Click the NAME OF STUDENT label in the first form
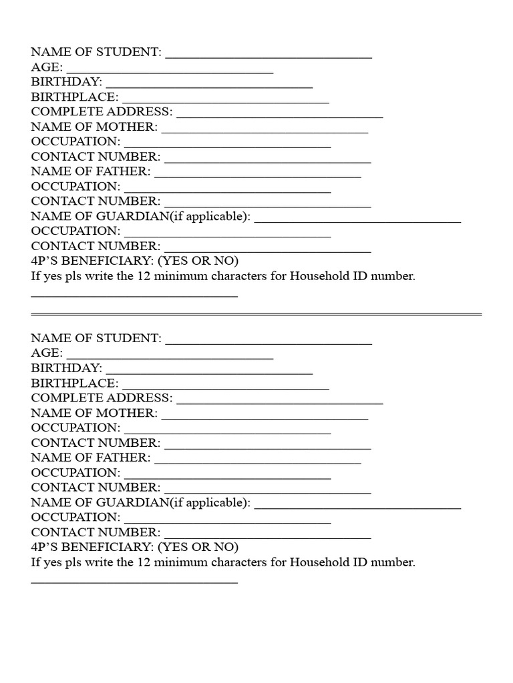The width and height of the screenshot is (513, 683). click(96, 52)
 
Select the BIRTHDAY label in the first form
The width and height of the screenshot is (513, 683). click(66, 81)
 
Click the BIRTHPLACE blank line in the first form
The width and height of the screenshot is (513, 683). click(226, 102)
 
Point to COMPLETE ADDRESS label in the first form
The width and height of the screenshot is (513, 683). click(102, 111)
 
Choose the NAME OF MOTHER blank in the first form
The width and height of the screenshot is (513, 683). click(265, 131)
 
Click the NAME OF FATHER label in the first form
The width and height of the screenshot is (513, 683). click(91, 171)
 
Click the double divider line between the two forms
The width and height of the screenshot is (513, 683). click(256, 313)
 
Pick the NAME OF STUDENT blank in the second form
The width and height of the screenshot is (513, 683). click(269, 344)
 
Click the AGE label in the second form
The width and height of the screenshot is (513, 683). click(47, 353)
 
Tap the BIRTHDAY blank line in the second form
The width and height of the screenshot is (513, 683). click(209, 373)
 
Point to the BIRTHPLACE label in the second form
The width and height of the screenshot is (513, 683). click(75, 383)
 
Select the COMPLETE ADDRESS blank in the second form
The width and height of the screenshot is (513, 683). click(279, 403)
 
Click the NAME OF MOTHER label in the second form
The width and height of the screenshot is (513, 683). click(94, 413)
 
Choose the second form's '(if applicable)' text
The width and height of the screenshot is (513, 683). click(210, 502)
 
